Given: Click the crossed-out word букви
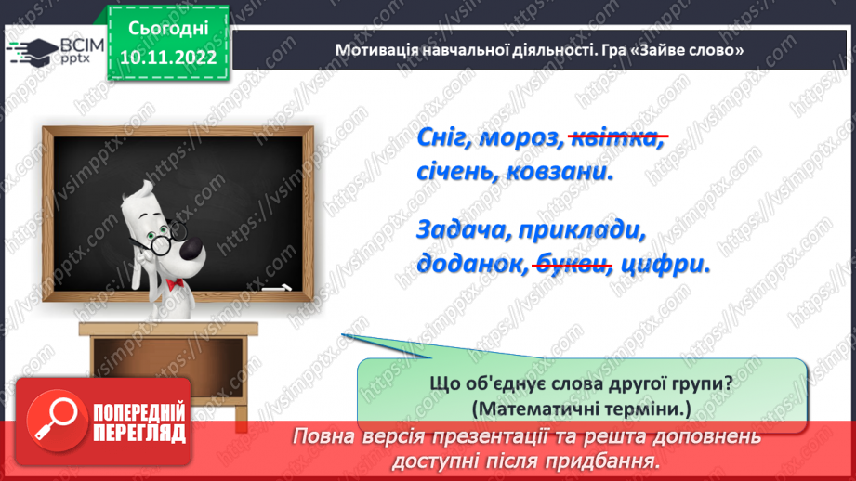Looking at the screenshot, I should click(x=572, y=264).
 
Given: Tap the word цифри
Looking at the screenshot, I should click(x=665, y=264).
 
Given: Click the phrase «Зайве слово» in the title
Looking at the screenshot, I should click(x=686, y=49).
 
